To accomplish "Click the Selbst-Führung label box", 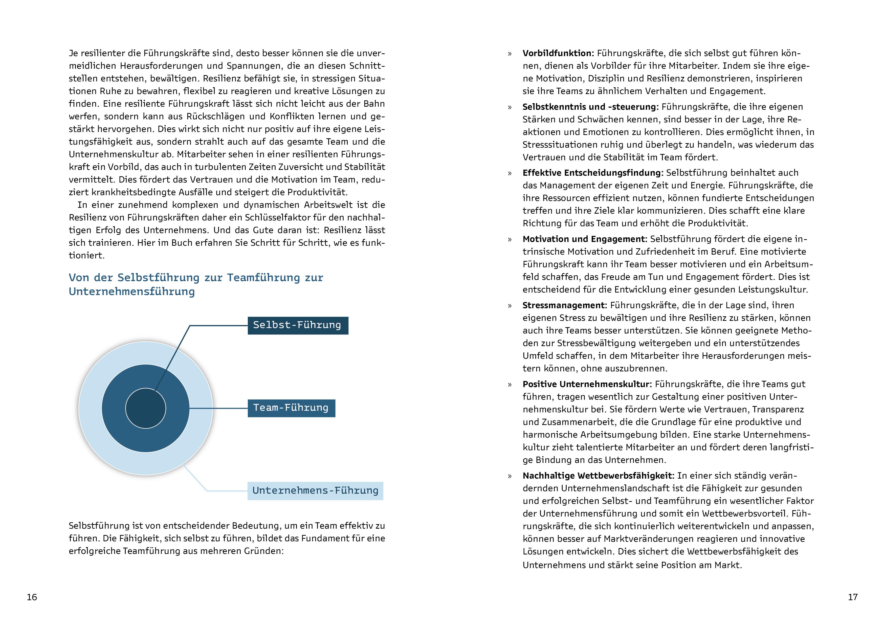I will pos(298,325).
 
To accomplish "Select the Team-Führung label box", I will pos(291,408).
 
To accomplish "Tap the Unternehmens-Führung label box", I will pos(315,491).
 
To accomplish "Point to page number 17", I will pos(853,597).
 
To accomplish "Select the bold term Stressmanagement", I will pos(565,305).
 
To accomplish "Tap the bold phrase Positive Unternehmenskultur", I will pos(587,384).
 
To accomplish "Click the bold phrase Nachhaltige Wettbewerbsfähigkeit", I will pos(598,476).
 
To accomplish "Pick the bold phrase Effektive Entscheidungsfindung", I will pos(592,173).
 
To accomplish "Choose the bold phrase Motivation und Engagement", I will pos(584,239).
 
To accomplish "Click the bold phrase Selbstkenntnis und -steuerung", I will pos(590,107).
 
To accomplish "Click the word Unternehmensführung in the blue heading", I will pos(132,292).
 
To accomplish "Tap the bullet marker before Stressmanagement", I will pos(510,306).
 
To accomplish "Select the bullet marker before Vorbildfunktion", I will pos(510,54).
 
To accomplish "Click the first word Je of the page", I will pos(73,53).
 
